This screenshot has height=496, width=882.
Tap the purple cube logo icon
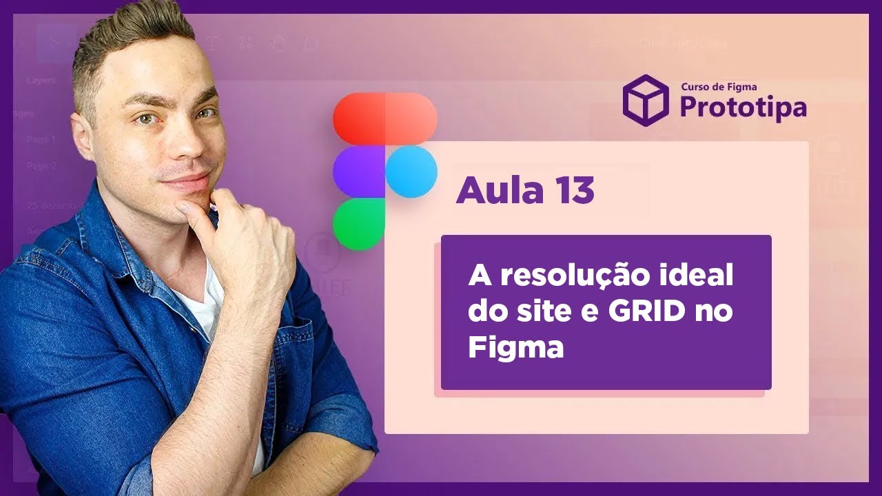point(646,101)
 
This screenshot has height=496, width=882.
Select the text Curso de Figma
point(719,87)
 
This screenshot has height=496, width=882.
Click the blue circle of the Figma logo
point(411,172)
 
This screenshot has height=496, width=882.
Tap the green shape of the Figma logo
point(358,225)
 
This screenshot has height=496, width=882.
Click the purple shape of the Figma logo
point(358,172)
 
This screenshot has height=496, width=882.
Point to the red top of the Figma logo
point(384,118)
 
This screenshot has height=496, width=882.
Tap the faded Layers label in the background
point(41,80)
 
